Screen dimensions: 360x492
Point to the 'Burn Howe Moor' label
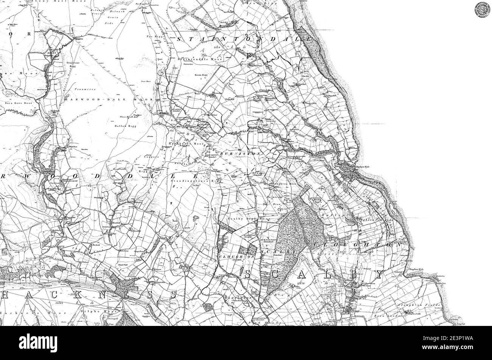(x=18, y=103)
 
